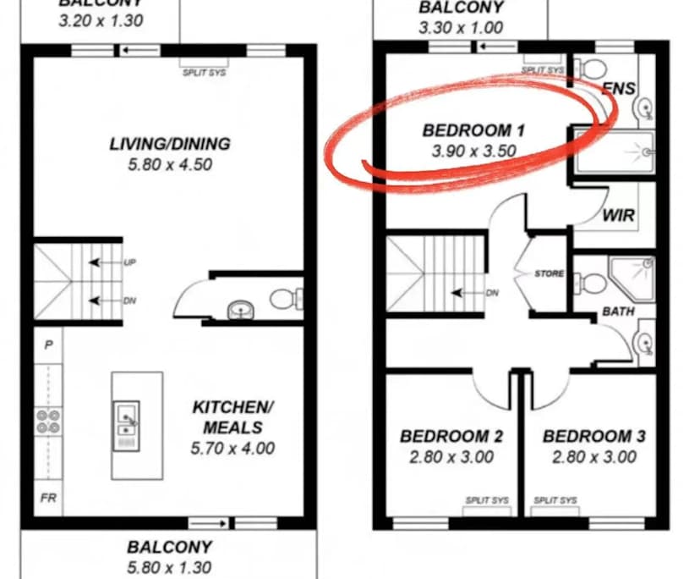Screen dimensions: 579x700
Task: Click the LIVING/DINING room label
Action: pos(169,143)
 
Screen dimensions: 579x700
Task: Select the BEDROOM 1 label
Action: pos(473,130)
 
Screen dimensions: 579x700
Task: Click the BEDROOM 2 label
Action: pos(451,437)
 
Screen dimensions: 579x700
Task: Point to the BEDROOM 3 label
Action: pos(593,437)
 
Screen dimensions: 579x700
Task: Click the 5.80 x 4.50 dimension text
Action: pos(169,165)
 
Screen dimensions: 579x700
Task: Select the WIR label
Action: pos(618,215)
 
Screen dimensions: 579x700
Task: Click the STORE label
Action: pos(550,274)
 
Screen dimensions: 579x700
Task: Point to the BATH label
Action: pos(618,312)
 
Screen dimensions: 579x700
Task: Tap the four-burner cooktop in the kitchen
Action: pos(47,422)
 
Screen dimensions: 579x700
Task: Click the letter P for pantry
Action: pos(48,345)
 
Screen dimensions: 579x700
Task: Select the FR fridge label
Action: pos(48,499)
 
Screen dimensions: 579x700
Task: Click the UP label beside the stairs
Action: pos(129,263)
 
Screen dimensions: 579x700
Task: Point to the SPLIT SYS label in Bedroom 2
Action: pos(487,501)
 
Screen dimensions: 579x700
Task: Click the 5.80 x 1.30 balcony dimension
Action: pos(169,567)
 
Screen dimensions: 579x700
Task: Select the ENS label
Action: pos(620,87)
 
